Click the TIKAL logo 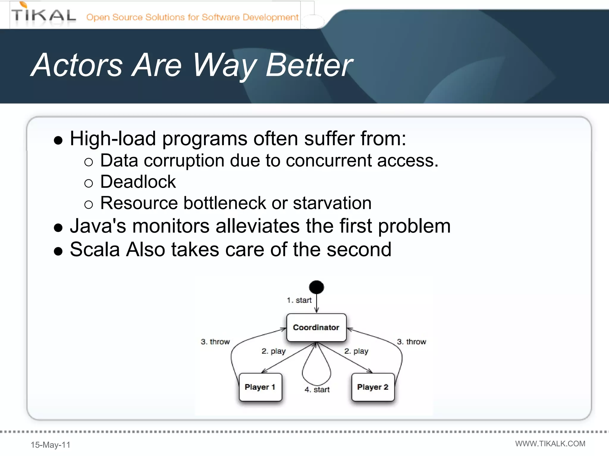coord(44,15)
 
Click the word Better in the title coord(309,65)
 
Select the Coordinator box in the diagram coord(316,327)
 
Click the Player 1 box coord(260,387)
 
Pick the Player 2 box coord(373,387)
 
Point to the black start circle coord(316,287)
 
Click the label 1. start coord(299,300)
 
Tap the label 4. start coord(317,390)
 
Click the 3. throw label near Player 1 coord(215,342)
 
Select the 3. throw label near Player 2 coord(412,342)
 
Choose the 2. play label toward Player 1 coord(274,351)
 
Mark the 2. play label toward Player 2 coord(356,351)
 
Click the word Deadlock coord(138,182)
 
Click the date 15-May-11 coord(51,445)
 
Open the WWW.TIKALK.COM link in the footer coord(550,444)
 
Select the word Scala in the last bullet coord(95,249)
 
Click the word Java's coord(98,226)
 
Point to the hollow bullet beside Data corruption coord(89,162)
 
